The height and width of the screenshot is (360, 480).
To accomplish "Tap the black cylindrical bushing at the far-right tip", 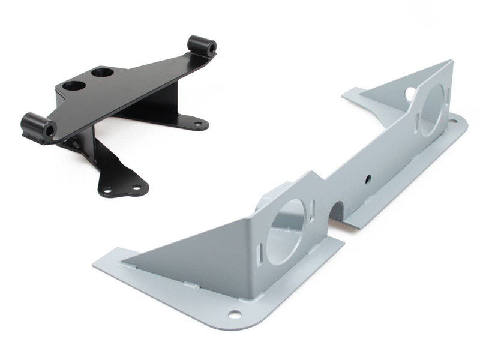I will tap(201, 45).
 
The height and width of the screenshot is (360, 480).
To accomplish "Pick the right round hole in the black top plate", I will tap(101, 74).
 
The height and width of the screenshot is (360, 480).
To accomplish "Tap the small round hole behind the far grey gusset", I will tap(410, 94).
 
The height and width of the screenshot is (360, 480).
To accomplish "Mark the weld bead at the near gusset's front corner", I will tap(124, 262).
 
